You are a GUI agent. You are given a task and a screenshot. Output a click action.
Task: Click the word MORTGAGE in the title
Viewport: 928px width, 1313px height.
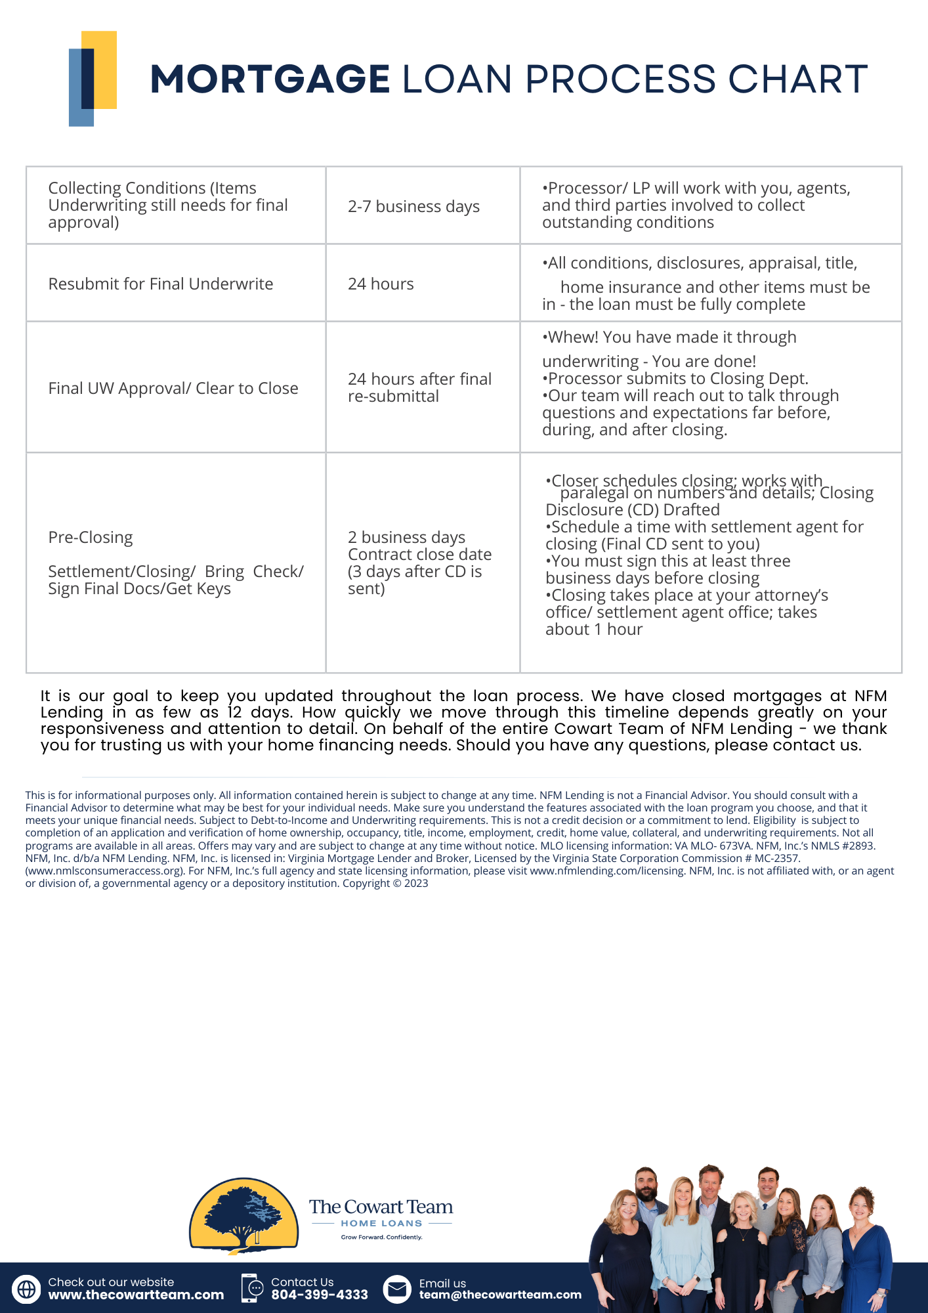(270, 79)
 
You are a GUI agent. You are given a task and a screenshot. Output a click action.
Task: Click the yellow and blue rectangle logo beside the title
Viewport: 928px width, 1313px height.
(93, 78)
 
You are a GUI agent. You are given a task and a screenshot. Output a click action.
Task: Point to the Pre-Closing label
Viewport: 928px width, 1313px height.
(91, 538)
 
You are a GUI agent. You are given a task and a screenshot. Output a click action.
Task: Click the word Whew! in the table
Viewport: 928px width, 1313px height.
(573, 337)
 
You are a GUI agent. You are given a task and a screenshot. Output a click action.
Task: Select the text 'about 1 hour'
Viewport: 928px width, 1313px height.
(594, 630)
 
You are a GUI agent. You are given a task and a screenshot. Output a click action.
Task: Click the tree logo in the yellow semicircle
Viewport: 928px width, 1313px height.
(243, 1216)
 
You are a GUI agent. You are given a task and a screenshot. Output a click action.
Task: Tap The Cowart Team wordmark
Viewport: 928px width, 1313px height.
(381, 1207)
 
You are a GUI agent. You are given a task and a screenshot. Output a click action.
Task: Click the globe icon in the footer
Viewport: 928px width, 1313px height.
(26, 1289)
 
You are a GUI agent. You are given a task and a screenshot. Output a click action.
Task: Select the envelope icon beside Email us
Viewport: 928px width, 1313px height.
(396, 1289)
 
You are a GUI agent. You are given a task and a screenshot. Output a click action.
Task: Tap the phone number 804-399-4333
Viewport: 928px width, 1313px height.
(320, 1295)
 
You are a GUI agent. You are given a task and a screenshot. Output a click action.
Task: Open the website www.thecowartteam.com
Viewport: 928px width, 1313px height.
(136, 1295)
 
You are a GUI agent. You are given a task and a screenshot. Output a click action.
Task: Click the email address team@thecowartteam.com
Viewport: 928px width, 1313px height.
(500, 1295)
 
